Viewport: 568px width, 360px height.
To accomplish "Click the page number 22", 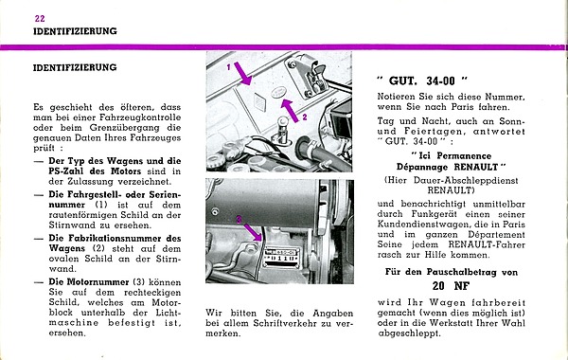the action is [x=40, y=18].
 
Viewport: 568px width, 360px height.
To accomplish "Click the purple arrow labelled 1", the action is [x=242, y=74].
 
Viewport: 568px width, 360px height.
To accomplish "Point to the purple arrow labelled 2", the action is [x=290, y=110].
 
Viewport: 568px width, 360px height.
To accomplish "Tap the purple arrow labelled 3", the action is [x=253, y=232].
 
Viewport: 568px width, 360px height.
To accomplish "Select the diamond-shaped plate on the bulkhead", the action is [x=259, y=102].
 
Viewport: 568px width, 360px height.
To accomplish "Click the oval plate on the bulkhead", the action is [x=278, y=91].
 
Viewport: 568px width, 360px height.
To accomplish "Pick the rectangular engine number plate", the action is [x=282, y=258].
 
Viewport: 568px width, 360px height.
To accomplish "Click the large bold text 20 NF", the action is [x=451, y=286].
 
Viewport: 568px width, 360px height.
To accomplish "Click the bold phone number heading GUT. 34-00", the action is [x=421, y=81].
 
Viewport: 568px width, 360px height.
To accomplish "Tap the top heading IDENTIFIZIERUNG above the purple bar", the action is [x=75, y=31].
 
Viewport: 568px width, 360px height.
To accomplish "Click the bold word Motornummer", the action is [x=89, y=282].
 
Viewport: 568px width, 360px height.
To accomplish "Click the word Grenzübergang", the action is [x=124, y=128].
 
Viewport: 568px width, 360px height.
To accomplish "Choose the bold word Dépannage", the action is [x=422, y=167].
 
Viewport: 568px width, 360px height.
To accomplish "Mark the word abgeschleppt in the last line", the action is [x=409, y=333].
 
